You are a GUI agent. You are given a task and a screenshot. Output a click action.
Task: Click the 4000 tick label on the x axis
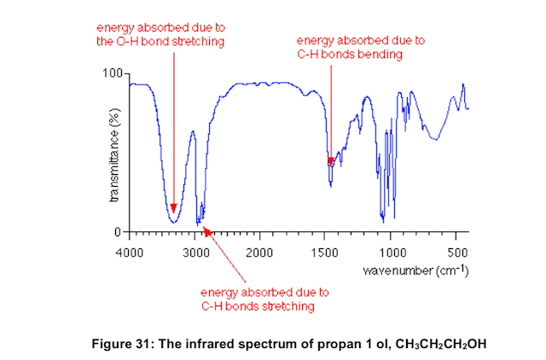click(x=130, y=253)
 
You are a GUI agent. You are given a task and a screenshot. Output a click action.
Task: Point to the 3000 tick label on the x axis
click(x=196, y=253)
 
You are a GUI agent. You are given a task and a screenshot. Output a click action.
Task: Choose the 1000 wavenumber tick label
click(x=392, y=253)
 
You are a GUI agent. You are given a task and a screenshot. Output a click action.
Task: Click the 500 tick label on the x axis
click(x=457, y=253)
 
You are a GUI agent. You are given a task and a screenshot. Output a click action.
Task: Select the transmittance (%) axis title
click(x=113, y=154)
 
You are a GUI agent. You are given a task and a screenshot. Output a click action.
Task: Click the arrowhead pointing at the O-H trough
click(x=173, y=209)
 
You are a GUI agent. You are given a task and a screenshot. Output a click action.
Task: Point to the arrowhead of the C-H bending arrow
click(x=330, y=160)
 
